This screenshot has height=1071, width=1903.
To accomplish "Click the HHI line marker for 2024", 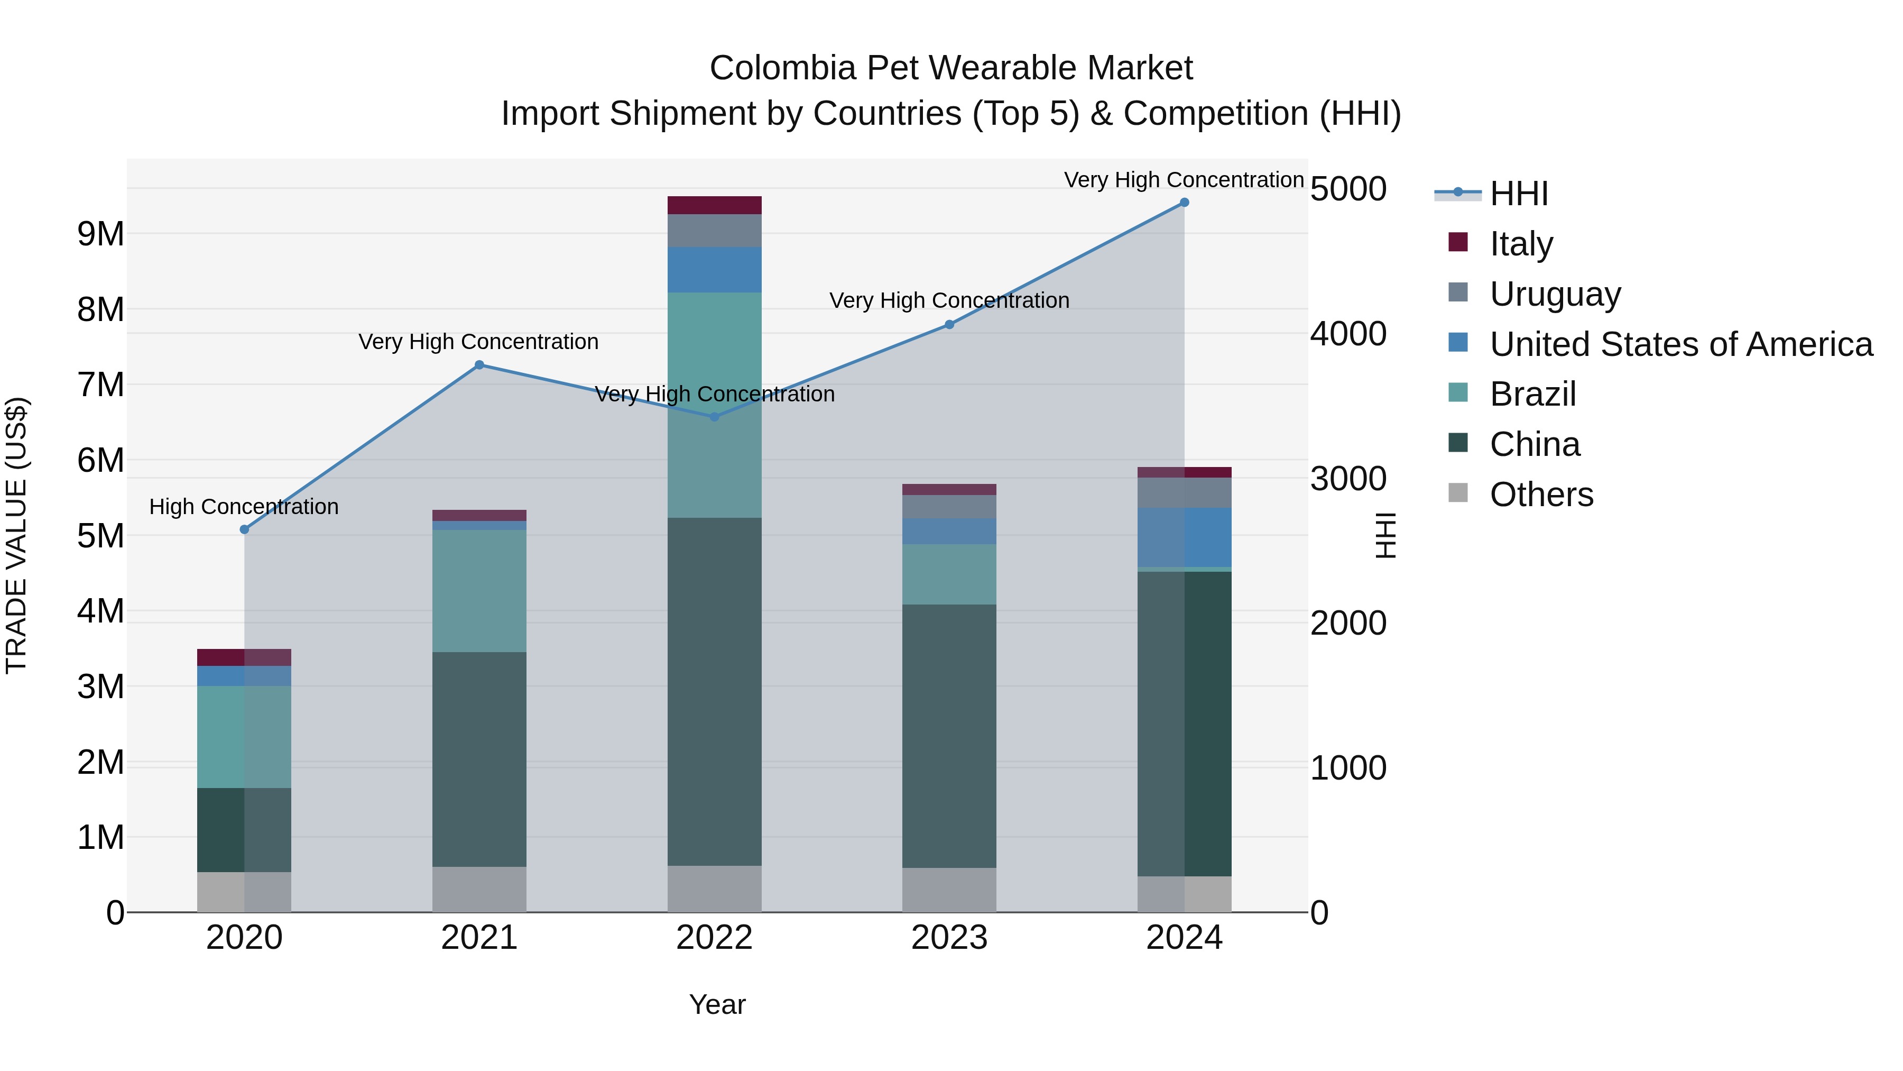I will pos(1184,203).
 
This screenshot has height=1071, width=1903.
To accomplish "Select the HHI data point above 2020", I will pos(245,529).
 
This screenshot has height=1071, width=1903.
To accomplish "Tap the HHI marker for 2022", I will pos(714,417).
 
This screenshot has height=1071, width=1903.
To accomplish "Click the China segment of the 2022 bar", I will pos(714,691).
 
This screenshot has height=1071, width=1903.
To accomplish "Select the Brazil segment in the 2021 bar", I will pos(479,591).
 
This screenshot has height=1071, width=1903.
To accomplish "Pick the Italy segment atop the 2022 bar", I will pos(714,205).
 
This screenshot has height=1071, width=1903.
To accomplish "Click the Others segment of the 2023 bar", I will pos(949,890).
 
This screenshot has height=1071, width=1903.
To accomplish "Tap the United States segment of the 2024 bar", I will pos(1184,537).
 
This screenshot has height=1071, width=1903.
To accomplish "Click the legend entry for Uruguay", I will pos(1555,294).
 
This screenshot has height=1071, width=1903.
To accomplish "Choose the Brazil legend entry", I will pos(1533,394).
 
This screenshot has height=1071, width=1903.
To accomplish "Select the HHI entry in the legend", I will pos(1519,194).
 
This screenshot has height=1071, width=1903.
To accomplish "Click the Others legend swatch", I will pos(1458,492).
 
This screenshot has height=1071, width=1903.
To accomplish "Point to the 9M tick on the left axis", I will pos(100,234).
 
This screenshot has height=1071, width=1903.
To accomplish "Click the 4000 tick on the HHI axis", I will pos(1348,334).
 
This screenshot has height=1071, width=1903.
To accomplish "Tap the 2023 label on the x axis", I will pos(949,938).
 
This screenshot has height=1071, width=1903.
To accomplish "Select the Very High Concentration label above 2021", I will pos(479,342).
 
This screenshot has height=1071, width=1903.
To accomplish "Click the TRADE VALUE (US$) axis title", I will pos(16,535).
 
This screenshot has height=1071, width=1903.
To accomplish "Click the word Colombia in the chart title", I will pos(783,69).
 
